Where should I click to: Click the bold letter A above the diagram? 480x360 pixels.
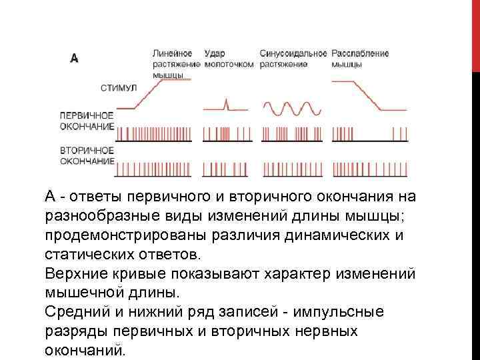click(x=75, y=58)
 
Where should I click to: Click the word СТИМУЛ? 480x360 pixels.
click(x=119, y=87)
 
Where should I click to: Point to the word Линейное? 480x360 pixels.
click(x=173, y=53)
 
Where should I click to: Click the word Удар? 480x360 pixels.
click(x=215, y=53)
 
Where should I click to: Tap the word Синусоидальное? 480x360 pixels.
click(x=293, y=53)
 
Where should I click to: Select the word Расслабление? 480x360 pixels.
click(x=360, y=53)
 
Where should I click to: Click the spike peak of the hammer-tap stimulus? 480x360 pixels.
click(x=227, y=101)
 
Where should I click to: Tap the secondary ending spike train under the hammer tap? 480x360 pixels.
click(x=228, y=169)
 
